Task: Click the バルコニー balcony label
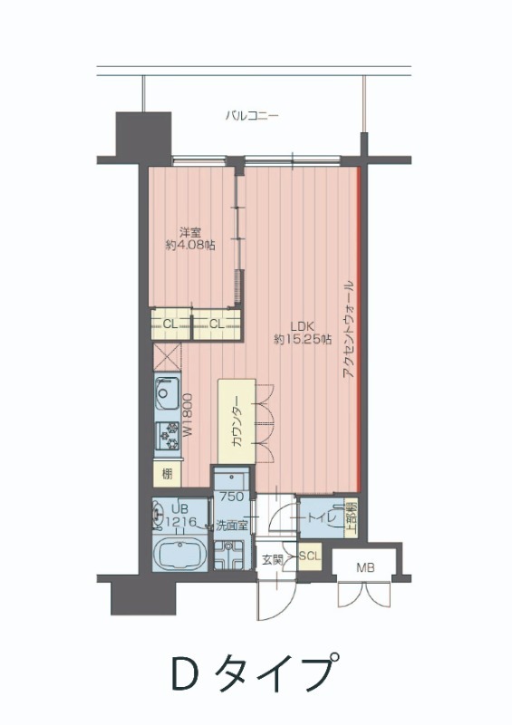point(253,116)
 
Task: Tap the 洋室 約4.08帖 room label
point(189,238)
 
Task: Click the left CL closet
point(169,324)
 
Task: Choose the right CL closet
point(217,324)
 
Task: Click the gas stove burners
point(168,439)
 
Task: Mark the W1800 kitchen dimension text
point(188,415)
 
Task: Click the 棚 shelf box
point(167,473)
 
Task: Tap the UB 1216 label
point(180,516)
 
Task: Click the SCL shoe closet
point(308,556)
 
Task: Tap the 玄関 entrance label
point(273,559)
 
